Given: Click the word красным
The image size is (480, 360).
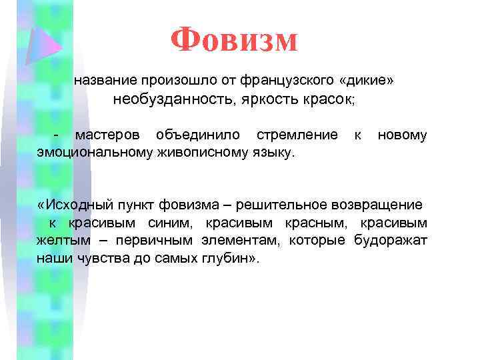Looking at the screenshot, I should click(x=322, y=223).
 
